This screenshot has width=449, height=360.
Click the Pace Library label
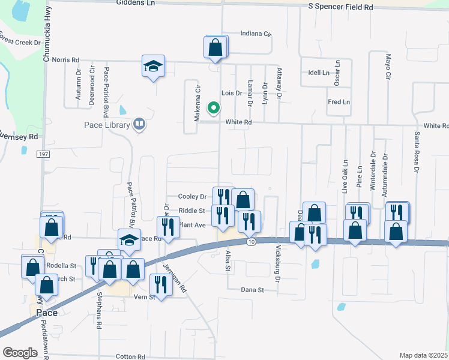[x=107, y=125]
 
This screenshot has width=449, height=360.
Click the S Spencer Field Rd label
[x=340, y=7]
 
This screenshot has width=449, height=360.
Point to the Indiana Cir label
[x=256, y=34]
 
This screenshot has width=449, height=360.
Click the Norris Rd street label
[x=65, y=60]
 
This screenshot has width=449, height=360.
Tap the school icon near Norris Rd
[x=154, y=67]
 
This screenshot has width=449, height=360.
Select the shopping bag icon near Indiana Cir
[x=216, y=47]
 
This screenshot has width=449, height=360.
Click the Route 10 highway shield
[x=251, y=241]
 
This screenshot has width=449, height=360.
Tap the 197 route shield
[x=45, y=154]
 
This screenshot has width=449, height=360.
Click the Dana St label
[x=253, y=290]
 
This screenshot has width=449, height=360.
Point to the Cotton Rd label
[x=130, y=356]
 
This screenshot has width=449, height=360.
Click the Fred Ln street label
[x=339, y=102]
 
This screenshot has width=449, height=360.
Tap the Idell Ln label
[x=318, y=73]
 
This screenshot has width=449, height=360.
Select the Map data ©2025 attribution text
[x=423, y=355]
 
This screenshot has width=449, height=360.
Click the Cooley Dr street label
[x=192, y=196]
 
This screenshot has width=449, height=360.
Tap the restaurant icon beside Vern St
[x=160, y=284]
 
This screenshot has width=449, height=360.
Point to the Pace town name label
[x=46, y=313]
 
